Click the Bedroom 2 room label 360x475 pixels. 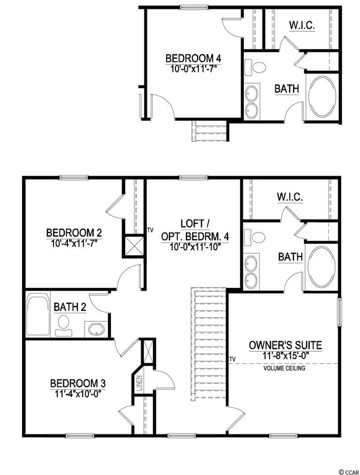(x=74, y=233)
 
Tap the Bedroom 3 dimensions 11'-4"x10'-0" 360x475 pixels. (x=78, y=393)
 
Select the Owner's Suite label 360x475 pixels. (x=285, y=345)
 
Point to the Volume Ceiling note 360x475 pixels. (x=284, y=368)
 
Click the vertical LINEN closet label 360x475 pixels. (x=138, y=383)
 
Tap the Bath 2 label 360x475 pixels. (x=70, y=307)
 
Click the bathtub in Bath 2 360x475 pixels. (x=38, y=315)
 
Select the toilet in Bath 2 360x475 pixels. (x=64, y=325)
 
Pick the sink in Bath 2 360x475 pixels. (x=96, y=330)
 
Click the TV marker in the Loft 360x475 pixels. (x=150, y=230)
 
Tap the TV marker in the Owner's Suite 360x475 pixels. (x=232, y=359)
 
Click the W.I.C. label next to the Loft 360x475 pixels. (x=289, y=197)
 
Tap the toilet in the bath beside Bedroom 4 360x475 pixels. (x=255, y=66)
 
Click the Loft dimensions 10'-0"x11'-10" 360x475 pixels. (x=195, y=247)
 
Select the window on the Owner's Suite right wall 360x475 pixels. (x=340, y=312)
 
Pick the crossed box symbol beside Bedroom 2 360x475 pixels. (x=134, y=245)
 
